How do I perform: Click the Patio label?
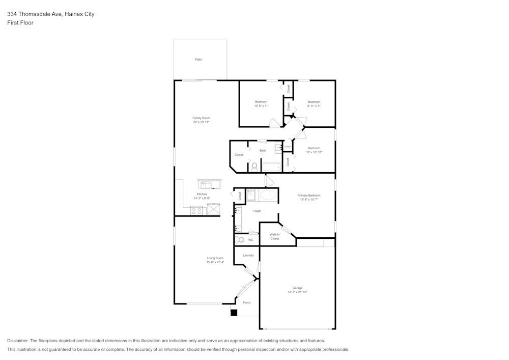(199, 60)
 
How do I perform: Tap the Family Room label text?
(201, 118)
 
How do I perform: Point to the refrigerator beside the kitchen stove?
(213, 209)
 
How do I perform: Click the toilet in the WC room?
(240, 239)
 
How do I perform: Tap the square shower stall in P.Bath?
(251, 195)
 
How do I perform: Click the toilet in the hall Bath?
(254, 167)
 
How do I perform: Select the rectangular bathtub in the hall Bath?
(271, 167)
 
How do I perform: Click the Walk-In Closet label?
(275, 236)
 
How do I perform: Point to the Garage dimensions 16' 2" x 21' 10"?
(297, 292)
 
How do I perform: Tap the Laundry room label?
(248, 255)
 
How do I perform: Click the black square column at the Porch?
(234, 313)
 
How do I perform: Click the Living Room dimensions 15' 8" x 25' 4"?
(215, 262)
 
